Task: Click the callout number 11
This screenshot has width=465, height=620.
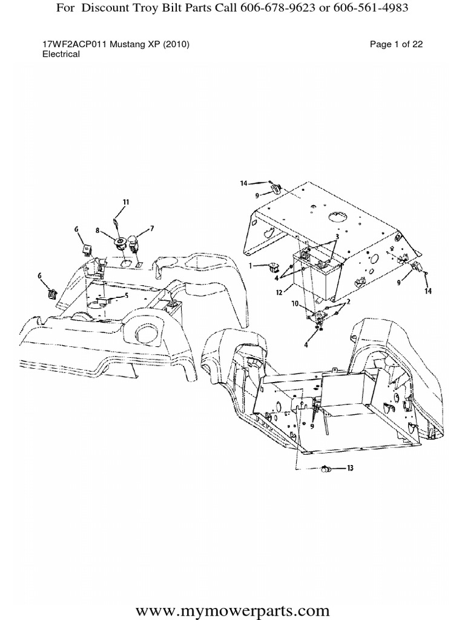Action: [x=126, y=202]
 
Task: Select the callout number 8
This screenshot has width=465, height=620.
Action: [x=97, y=230]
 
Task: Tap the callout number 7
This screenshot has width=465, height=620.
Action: [x=152, y=228]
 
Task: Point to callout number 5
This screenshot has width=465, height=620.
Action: [x=127, y=295]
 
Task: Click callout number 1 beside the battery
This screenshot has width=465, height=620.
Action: [x=251, y=266]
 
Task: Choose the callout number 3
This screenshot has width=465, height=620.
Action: [x=337, y=237]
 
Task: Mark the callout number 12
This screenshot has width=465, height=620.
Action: [x=279, y=292]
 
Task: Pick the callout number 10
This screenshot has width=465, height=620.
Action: [x=295, y=304]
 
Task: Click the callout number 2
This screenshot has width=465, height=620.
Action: [x=348, y=302]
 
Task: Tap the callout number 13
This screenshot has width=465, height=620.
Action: [x=351, y=468]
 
